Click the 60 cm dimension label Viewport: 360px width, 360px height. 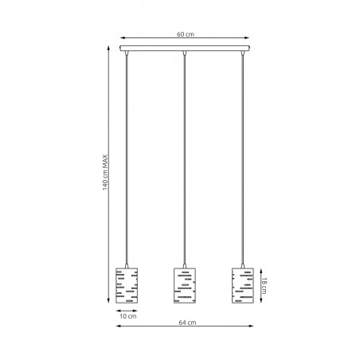186,34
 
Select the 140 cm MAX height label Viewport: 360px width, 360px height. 105,172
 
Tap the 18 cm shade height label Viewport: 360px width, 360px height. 264,286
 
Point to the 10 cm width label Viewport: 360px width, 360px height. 128,316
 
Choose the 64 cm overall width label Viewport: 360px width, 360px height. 187,323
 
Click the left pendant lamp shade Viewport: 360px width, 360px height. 127,285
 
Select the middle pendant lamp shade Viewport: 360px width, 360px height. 185,285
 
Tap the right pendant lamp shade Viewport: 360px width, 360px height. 243,285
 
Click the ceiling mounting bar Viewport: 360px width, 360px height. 185,49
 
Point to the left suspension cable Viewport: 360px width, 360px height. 127,159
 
